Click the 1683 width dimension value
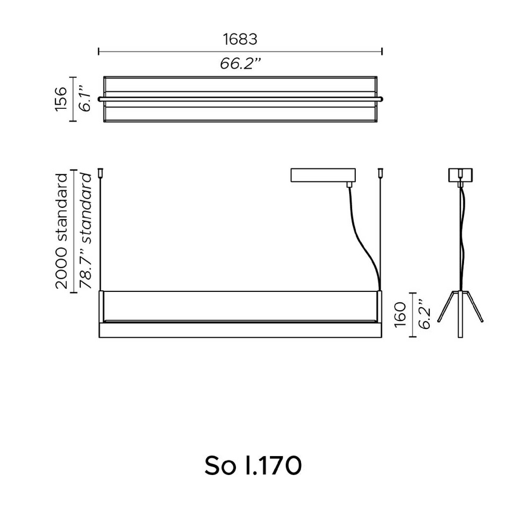pyautogui.click(x=240, y=40)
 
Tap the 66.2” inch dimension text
pyautogui.click(x=240, y=63)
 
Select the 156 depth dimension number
pyautogui.click(x=61, y=99)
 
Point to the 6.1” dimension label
pyautogui.click(x=86, y=99)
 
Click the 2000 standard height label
pyautogui.click(x=61, y=231)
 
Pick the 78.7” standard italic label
pyautogui.click(x=86, y=231)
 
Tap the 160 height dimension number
pyautogui.click(x=400, y=315)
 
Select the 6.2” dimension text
pyautogui.click(x=425, y=314)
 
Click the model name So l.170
pyautogui.click(x=253, y=466)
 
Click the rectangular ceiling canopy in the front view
pyautogui.click(x=323, y=175)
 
